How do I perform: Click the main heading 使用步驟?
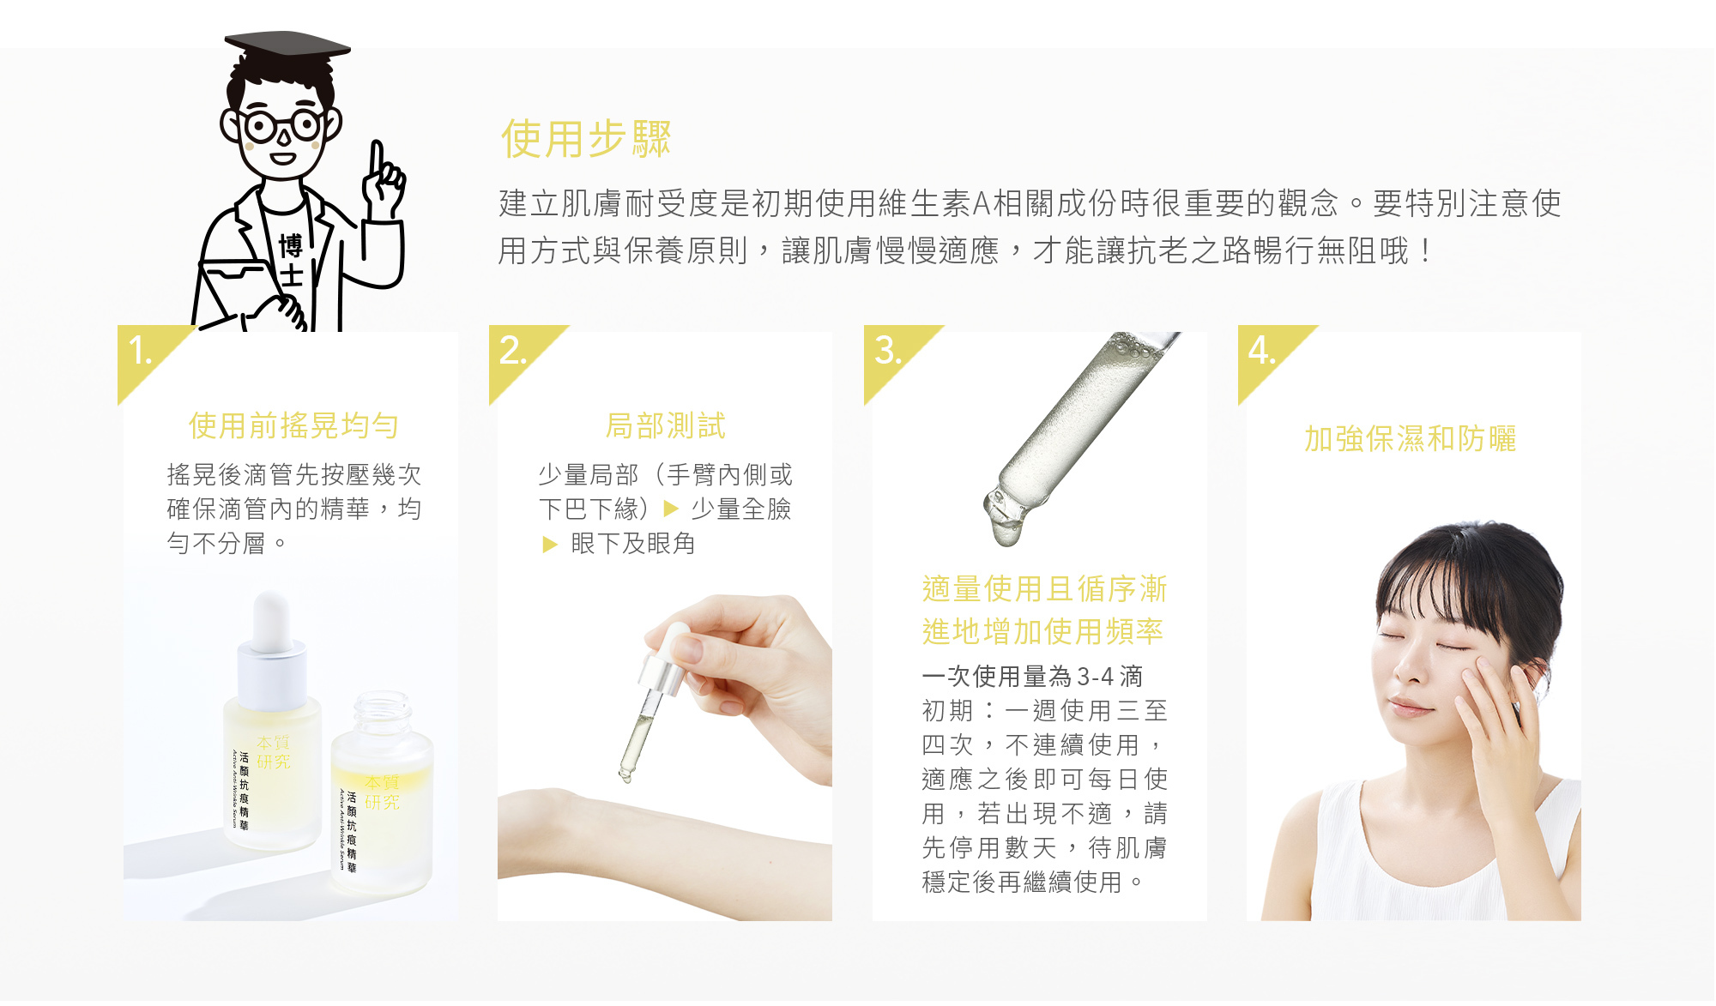pyautogui.click(x=586, y=139)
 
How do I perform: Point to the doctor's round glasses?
pyautogui.click(x=281, y=126)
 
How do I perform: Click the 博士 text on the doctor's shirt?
pyautogui.click(x=291, y=260)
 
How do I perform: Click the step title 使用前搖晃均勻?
pyautogui.click(x=293, y=425)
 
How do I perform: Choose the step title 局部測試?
pyautogui.click(x=666, y=425)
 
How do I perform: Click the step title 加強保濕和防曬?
pyautogui.click(x=1411, y=438)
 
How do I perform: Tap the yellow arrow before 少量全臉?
pyautogui.click(x=671, y=509)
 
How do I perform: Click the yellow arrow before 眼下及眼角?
pyautogui.click(x=550, y=544)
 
